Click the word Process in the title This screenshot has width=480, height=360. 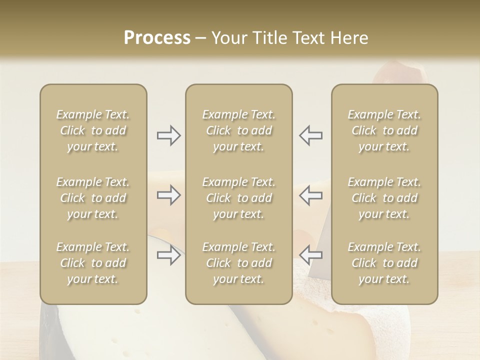[x=157, y=38]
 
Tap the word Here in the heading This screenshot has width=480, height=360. [x=348, y=38]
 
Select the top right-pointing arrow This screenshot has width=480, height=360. [x=168, y=135]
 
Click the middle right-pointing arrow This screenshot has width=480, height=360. [x=168, y=195]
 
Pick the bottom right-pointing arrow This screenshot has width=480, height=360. [x=168, y=255]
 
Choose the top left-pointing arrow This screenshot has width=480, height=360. [x=311, y=135]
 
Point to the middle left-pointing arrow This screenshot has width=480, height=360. [x=311, y=195]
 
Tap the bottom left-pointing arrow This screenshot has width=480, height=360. [x=311, y=255]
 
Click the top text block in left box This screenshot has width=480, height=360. [x=93, y=130]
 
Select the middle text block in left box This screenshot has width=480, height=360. [x=93, y=198]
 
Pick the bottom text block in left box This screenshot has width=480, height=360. [x=93, y=263]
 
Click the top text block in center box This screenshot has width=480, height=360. [x=239, y=130]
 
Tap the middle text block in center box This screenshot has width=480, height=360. [x=239, y=198]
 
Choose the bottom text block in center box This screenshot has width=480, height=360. [x=239, y=263]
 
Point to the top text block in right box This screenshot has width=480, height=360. [x=384, y=130]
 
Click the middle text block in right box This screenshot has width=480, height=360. [x=384, y=198]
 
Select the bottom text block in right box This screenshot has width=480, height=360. [x=384, y=263]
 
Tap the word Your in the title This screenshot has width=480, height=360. [x=228, y=38]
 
